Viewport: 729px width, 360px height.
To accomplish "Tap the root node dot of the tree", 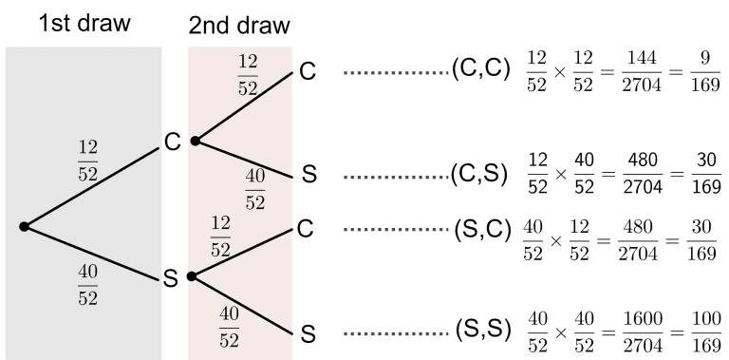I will click(x=24, y=226).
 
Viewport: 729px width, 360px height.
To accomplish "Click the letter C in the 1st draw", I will click(x=173, y=142).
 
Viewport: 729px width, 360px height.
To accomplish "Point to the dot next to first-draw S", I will click(x=191, y=276).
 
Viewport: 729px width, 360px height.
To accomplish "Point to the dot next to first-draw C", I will click(x=194, y=141).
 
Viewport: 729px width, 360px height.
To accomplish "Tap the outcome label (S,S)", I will click(x=482, y=333).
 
